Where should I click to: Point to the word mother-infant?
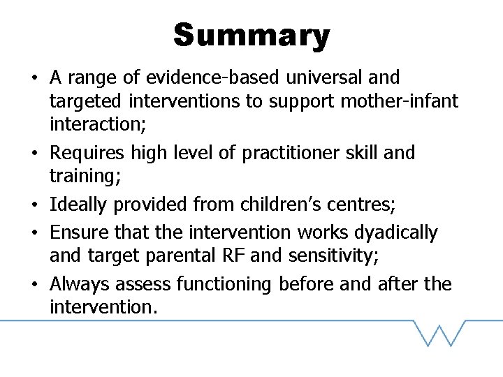[x=400, y=102]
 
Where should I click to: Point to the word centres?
[x=364, y=205]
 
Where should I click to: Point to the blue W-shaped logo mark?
[x=440, y=333]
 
